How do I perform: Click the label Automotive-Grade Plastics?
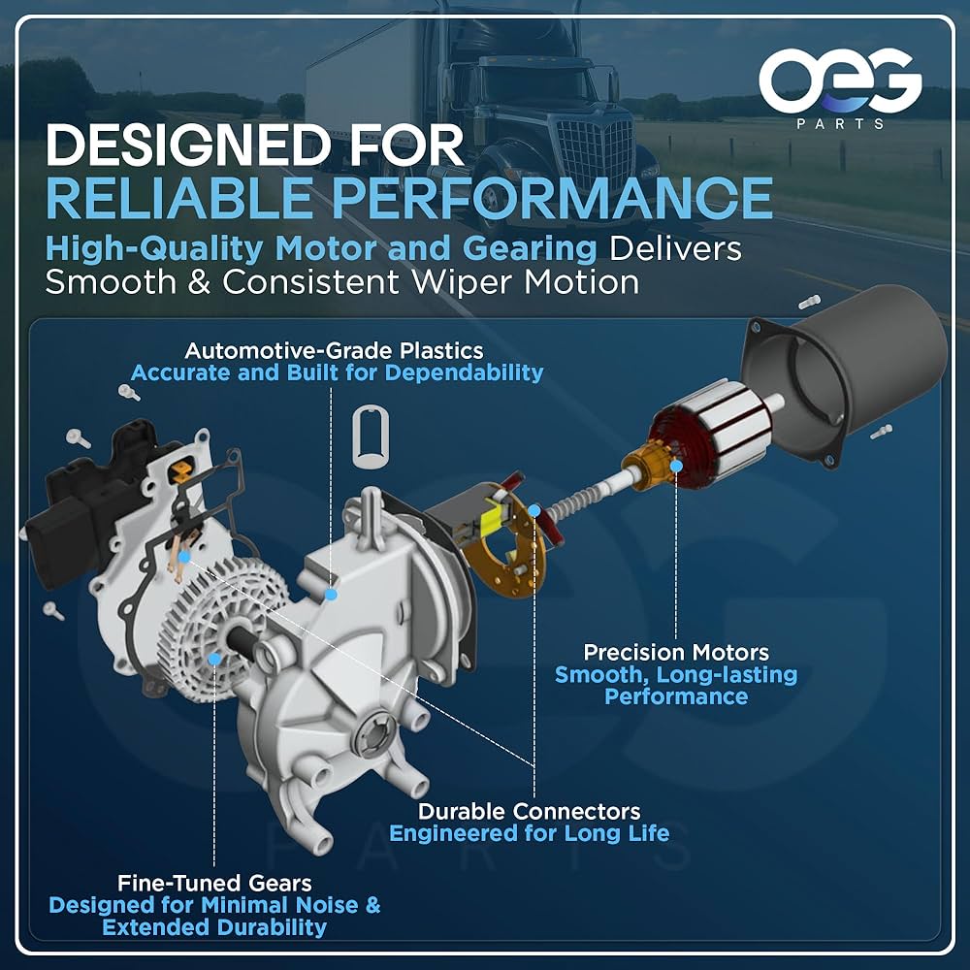coord(335,350)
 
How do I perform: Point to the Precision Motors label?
coord(676,652)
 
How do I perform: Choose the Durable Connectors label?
coord(529,810)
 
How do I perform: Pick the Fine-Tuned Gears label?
coord(214,883)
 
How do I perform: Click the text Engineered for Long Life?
coord(529,833)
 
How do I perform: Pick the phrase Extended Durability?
coord(214,927)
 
